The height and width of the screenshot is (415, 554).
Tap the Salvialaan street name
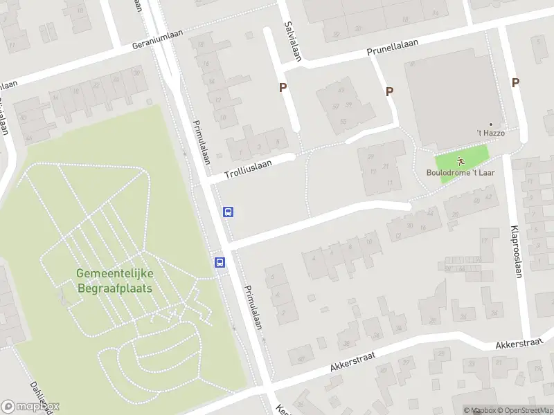[x=292, y=41]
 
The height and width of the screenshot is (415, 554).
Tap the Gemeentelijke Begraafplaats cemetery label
[x=114, y=280]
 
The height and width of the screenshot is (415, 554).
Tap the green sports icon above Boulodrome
[x=461, y=160]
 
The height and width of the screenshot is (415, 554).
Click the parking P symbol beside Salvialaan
[x=283, y=88]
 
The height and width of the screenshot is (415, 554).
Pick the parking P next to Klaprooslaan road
[x=515, y=82]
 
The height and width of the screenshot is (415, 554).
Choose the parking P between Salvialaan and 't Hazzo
[x=389, y=91]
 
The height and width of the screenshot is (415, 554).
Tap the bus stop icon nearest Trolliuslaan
[x=228, y=212]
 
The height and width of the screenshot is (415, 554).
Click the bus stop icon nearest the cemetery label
[x=220, y=262]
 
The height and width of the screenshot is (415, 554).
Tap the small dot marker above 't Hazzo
[x=491, y=124]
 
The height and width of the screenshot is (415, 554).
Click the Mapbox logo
[x=30, y=407]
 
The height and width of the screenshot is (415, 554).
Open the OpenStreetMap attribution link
[x=524, y=411]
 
